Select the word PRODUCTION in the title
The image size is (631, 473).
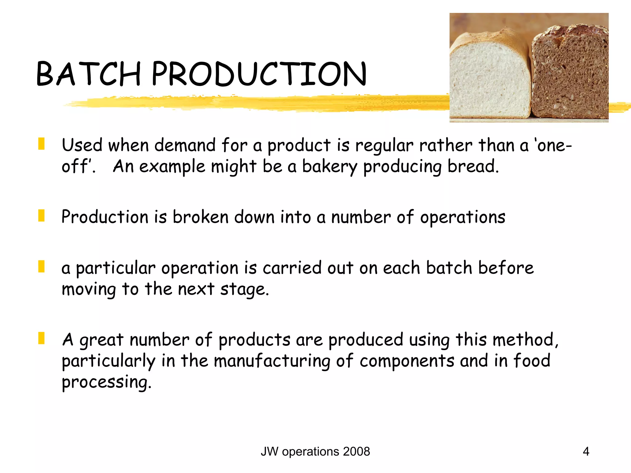259,74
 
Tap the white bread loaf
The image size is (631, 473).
490,77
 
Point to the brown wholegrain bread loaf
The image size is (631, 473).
570,74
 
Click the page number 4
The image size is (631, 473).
586,451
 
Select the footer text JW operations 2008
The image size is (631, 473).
315,451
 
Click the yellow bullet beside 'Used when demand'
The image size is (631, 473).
41,144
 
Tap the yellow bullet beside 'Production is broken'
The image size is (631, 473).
41,216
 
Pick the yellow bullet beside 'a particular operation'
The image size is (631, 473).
41,266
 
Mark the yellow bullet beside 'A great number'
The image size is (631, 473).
41,338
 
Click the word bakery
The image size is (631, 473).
329,167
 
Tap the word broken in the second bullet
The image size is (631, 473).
200,217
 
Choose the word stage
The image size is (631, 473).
244,289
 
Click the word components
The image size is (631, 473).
407,361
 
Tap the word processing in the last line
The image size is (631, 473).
106,382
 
